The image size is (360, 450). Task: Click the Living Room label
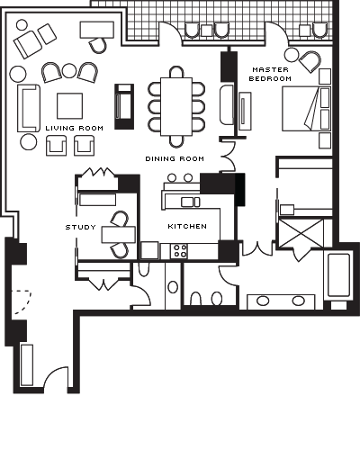[75, 128]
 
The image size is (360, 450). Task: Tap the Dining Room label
[175, 158]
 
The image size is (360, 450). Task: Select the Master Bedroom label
[270, 74]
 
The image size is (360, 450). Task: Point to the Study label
[81, 227]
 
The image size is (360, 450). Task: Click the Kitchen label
[187, 226]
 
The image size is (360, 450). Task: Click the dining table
[176, 106]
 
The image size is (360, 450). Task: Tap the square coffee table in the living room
[69, 105]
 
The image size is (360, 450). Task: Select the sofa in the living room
[29, 108]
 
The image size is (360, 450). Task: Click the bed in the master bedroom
[306, 109]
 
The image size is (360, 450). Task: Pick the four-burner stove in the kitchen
[179, 251]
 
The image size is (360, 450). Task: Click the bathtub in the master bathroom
[339, 275]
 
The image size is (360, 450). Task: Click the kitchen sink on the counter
[191, 202]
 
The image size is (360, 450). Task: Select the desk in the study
[119, 235]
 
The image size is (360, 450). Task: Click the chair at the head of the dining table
[176, 72]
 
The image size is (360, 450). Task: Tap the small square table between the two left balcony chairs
[206, 31]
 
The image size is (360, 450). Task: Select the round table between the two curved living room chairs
[69, 71]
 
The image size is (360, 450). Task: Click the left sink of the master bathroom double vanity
[263, 301]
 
